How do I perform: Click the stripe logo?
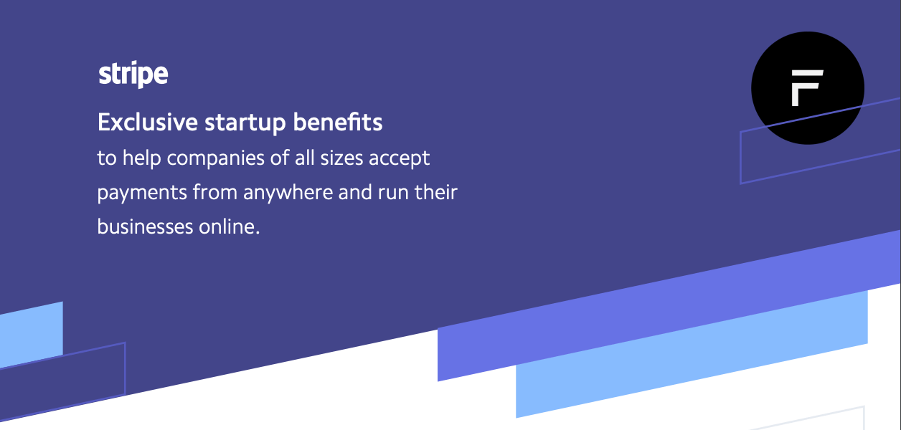pos(133,75)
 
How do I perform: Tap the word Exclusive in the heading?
pos(148,122)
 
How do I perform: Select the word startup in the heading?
pos(245,123)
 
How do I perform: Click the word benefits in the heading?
pos(337,122)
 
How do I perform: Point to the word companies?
pos(216,158)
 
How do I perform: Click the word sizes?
pos(341,158)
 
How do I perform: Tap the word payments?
pos(142,193)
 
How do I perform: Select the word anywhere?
pos(288,193)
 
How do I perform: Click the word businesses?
pos(145,226)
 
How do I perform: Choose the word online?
pos(230,226)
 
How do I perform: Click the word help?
pos(141,158)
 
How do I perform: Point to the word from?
pos(214,193)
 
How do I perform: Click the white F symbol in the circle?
pos(807,88)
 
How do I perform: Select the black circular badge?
pos(808,88)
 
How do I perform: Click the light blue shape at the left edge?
pos(31,335)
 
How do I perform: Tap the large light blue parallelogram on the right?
pos(692,353)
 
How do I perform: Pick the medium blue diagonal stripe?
pos(669,306)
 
